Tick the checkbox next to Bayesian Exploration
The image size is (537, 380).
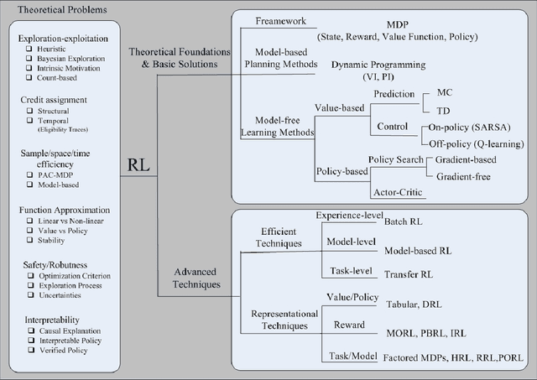(x=29, y=60)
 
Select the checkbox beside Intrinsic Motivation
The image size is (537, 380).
(x=29, y=70)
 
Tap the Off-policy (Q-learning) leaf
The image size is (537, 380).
(x=476, y=144)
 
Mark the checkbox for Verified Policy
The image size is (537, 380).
(x=29, y=349)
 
